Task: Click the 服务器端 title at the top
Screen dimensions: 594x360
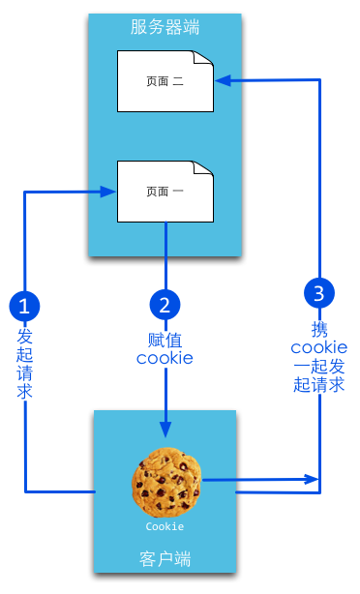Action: point(165,27)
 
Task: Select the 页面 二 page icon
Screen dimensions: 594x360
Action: point(165,81)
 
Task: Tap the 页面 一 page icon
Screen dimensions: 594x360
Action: point(165,191)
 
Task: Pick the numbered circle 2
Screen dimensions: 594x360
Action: point(165,306)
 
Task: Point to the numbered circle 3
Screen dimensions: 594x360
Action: point(319,292)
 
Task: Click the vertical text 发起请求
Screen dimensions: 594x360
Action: point(25,364)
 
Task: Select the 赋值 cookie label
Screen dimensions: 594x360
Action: point(165,348)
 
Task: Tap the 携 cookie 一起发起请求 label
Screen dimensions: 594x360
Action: point(319,356)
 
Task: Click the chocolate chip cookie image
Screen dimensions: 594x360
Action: point(167,480)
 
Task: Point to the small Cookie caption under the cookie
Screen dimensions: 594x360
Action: point(165,527)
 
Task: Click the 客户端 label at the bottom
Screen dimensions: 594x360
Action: point(165,558)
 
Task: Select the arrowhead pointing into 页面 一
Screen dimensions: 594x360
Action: point(109,192)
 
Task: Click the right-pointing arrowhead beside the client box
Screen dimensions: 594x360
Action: point(313,479)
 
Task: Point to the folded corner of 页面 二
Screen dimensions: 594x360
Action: point(203,60)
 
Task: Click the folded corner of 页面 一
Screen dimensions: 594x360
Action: point(203,169)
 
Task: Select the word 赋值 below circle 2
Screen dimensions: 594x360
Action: point(165,340)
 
